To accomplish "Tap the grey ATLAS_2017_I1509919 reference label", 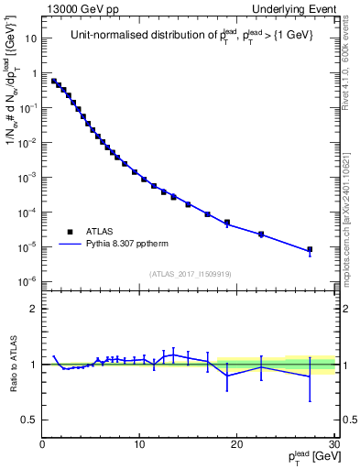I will point(189,273).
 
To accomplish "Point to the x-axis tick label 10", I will point(139,444).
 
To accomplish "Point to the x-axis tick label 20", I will point(236,444).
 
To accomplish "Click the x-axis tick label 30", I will point(333,444).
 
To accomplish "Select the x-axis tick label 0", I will point(42,444).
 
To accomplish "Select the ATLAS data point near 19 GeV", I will point(227,223).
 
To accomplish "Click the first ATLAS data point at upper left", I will point(54,81).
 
